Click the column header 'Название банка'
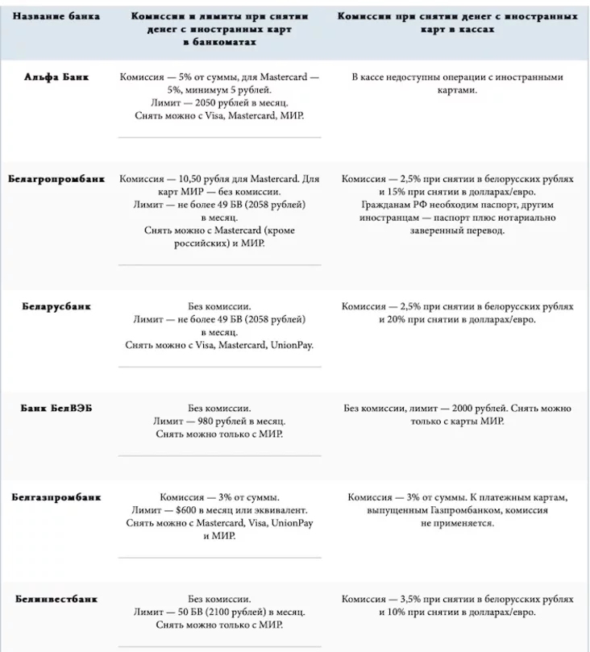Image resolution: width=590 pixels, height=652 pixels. [56, 16]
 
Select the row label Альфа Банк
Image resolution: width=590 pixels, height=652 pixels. [56, 77]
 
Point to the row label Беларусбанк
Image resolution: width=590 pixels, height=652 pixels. [56, 306]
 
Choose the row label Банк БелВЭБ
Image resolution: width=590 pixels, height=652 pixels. [56, 408]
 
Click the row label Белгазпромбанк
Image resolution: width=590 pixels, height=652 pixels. [56, 497]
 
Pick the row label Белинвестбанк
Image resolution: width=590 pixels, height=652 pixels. [56, 600]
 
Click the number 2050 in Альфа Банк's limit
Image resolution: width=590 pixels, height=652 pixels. [204, 103]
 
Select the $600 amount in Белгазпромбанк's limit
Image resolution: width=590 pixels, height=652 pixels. [201, 511]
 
